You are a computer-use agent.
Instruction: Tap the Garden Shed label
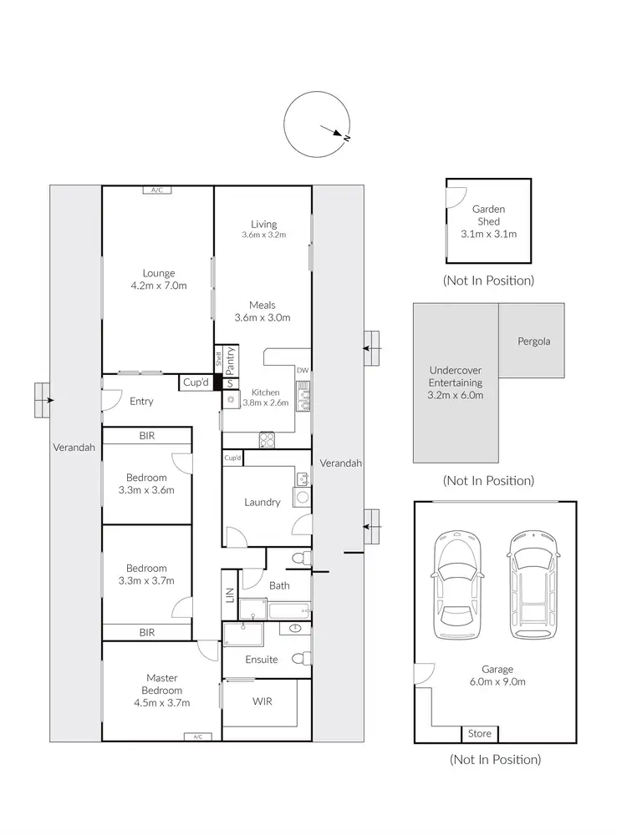(488, 215)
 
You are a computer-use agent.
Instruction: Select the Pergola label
(534, 342)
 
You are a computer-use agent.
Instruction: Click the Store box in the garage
(480, 734)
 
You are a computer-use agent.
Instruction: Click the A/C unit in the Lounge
(157, 190)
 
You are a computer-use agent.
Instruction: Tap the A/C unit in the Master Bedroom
(197, 736)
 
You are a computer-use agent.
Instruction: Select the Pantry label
(230, 360)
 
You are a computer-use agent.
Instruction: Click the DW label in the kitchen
(303, 370)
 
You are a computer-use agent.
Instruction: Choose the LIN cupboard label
(230, 595)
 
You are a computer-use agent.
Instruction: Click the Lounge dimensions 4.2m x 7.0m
(158, 286)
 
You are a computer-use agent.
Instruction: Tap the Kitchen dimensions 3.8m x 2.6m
(264, 402)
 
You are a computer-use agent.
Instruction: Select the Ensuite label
(262, 660)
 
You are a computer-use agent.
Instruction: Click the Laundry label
(262, 503)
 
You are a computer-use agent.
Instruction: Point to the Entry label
(141, 402)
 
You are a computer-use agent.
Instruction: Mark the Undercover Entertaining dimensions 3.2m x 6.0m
(456, 395)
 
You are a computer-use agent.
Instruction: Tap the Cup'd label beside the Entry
(195, 383)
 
